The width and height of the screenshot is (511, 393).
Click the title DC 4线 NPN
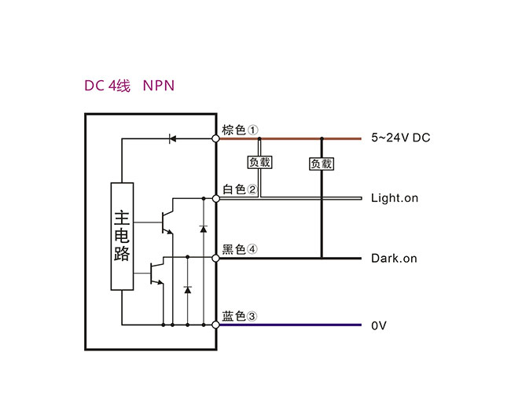click(129, 85)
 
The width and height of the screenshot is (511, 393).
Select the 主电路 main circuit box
click(122, 237)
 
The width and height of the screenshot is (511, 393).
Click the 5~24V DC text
click(400, 138)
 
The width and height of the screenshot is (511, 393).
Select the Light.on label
click(394, 198)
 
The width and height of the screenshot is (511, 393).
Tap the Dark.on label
click(394, 258)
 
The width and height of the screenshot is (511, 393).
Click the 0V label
click(379, 325)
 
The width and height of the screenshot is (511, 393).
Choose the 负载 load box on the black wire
click(321, 163)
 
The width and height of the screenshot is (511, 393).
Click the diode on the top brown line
click(172, 139)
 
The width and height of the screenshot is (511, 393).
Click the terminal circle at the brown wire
click(216, 139)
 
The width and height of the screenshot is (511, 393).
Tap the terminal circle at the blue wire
click(216, 324)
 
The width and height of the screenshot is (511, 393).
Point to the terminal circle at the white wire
click(216, 197)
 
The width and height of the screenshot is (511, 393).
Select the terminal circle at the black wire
click(216, 257)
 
